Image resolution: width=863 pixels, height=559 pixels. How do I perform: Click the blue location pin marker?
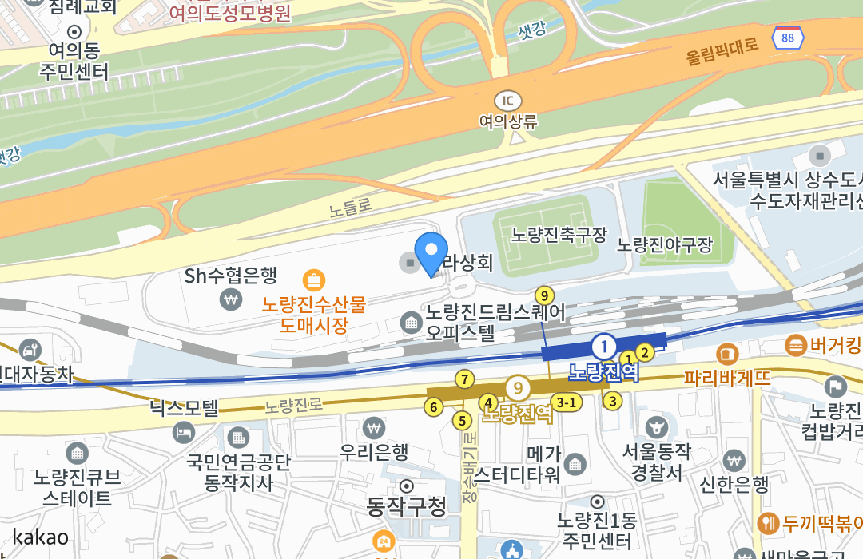click(431, 252)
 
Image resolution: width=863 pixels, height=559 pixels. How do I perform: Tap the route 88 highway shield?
click(788, 38)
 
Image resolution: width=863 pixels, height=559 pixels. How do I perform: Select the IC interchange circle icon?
click(507, 101)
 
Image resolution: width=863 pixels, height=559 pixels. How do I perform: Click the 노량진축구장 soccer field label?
click(559, 235)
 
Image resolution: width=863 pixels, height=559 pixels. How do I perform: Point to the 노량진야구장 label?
click(664, 245)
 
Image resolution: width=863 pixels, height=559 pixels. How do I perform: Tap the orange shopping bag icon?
click(314, 280)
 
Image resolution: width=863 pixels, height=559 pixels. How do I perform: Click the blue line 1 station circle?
click(604, 347)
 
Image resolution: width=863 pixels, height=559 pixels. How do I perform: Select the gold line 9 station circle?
click(519, 389)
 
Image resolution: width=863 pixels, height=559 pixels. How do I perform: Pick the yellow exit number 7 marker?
click(463, 379)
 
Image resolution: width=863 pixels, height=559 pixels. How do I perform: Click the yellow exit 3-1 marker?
click(567, 402)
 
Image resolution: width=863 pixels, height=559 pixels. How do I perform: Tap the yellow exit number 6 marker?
click(433, 407)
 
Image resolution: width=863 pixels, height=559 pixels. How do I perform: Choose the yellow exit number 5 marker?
click(461, 420)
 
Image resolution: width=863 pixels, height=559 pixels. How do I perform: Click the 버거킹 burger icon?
click(796, 345)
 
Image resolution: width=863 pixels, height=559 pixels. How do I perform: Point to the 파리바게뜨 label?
click(727, 377)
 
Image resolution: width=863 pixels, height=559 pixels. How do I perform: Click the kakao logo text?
click(40, 537)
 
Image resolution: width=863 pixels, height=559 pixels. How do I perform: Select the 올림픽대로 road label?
click(722, 51)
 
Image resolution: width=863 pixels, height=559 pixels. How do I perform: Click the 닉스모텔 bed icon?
click(183, 433)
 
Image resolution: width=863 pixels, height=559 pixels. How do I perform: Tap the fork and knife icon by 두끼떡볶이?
click(768, 523)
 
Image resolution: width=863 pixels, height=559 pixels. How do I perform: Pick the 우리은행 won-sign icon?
click(373, 428)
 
